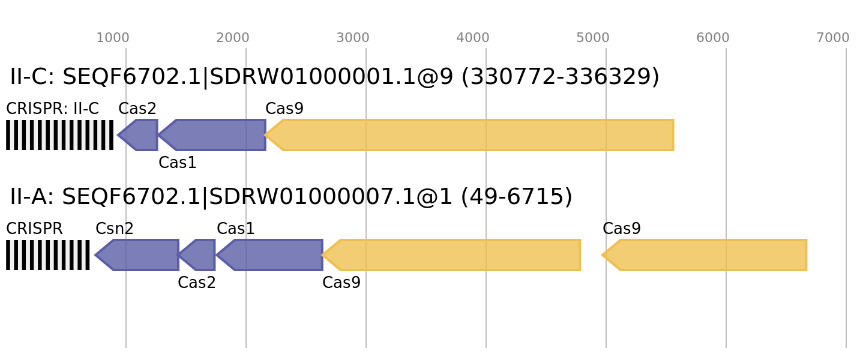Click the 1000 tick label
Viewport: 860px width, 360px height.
113,38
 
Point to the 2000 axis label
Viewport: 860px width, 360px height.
233,38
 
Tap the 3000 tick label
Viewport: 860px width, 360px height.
353,38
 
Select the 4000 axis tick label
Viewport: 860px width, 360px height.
473,38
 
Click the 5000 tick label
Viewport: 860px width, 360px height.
593,38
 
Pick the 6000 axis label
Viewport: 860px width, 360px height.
713,38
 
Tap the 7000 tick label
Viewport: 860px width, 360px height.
833,38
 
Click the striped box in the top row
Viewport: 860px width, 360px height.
59,135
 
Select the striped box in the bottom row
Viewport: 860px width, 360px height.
48,255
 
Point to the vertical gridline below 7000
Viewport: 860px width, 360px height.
846,198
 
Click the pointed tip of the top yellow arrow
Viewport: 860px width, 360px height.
266,135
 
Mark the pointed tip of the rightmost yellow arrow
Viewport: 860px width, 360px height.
602,255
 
